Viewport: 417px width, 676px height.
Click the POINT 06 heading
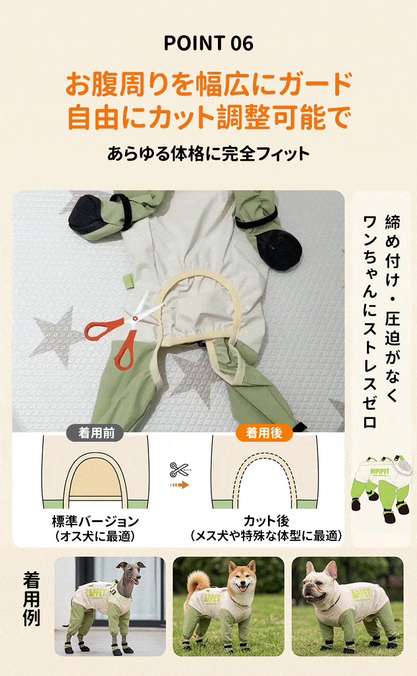(x=209, y=43)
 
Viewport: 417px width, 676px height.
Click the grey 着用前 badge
(x=95, y=433)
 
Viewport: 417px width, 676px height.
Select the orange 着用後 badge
(x=264, y=433)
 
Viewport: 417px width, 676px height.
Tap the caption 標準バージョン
(x=95, y=521)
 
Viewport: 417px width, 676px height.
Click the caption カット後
(x=266, y=521)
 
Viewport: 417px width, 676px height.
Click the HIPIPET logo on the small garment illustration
(x=380, y=471)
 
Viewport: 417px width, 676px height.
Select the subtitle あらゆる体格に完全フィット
(x=209, y=154)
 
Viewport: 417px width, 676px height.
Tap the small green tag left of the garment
(x=129, y=282)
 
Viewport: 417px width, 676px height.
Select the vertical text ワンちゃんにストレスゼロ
(x=370, y=322)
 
